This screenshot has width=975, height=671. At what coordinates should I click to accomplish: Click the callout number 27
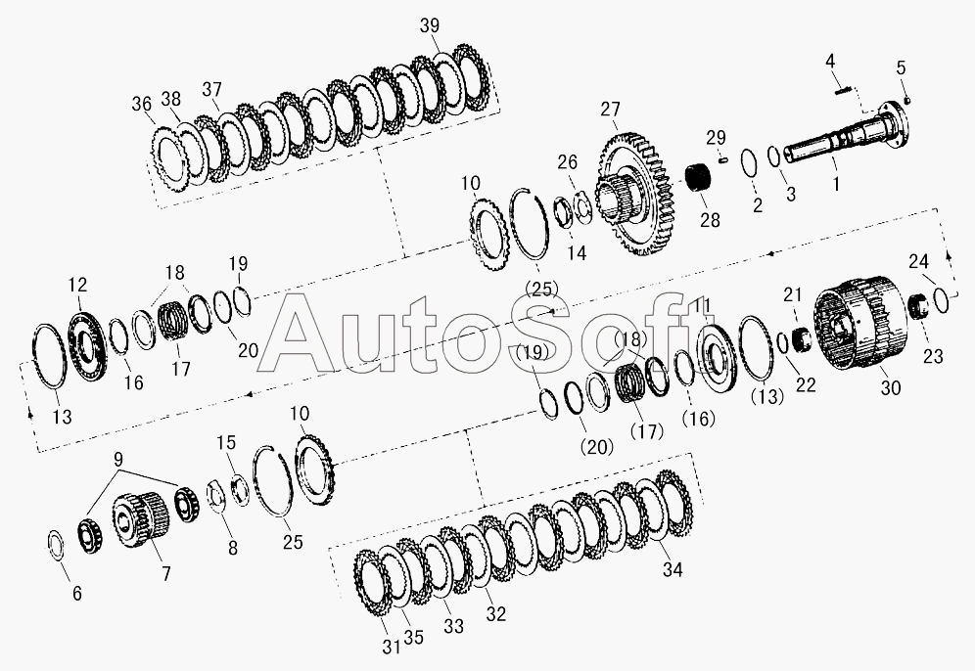[610, 110]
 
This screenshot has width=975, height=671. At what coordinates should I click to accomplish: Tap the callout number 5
[901, 67]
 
